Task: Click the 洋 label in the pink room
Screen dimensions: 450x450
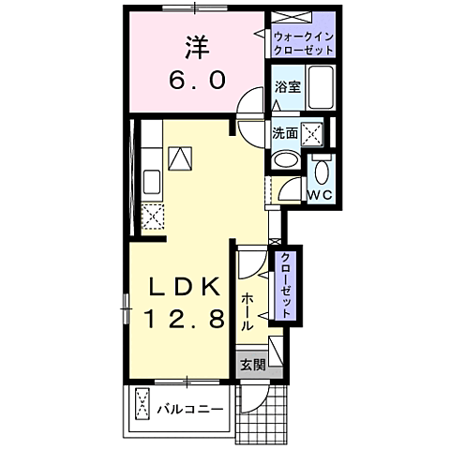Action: click(x=196, y=47)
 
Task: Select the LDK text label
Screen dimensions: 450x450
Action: click(x=185, y=286)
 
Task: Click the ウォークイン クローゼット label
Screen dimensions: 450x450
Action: click(x=304, y=42)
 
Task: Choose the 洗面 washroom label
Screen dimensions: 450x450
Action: click(x=285, y=133)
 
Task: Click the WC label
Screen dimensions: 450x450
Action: click(x=321, y=194)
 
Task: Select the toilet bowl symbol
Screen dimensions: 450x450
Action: click(x=321, y=174)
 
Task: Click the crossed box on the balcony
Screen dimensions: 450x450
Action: click(x=142, y=406)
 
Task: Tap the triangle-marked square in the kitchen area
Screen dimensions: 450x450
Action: click(x=179, y=157)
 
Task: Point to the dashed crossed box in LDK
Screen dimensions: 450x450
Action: click(x=152, y=215)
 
